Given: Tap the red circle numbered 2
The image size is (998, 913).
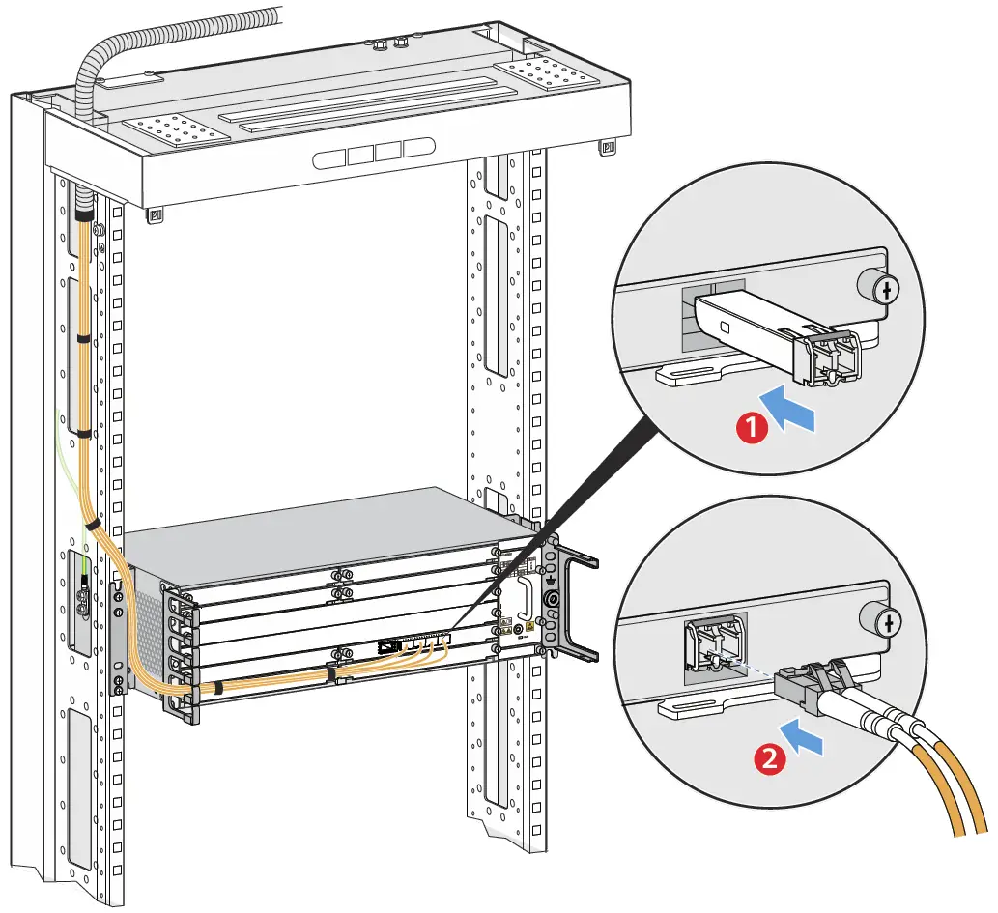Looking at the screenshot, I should [x=769, y=758].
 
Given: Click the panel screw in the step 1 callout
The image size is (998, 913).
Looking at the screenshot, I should [x=874, y=287].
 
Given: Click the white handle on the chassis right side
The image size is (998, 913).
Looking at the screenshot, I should [x=527, y=598].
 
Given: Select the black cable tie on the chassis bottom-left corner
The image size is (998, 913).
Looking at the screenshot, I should [x=218, y=689].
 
